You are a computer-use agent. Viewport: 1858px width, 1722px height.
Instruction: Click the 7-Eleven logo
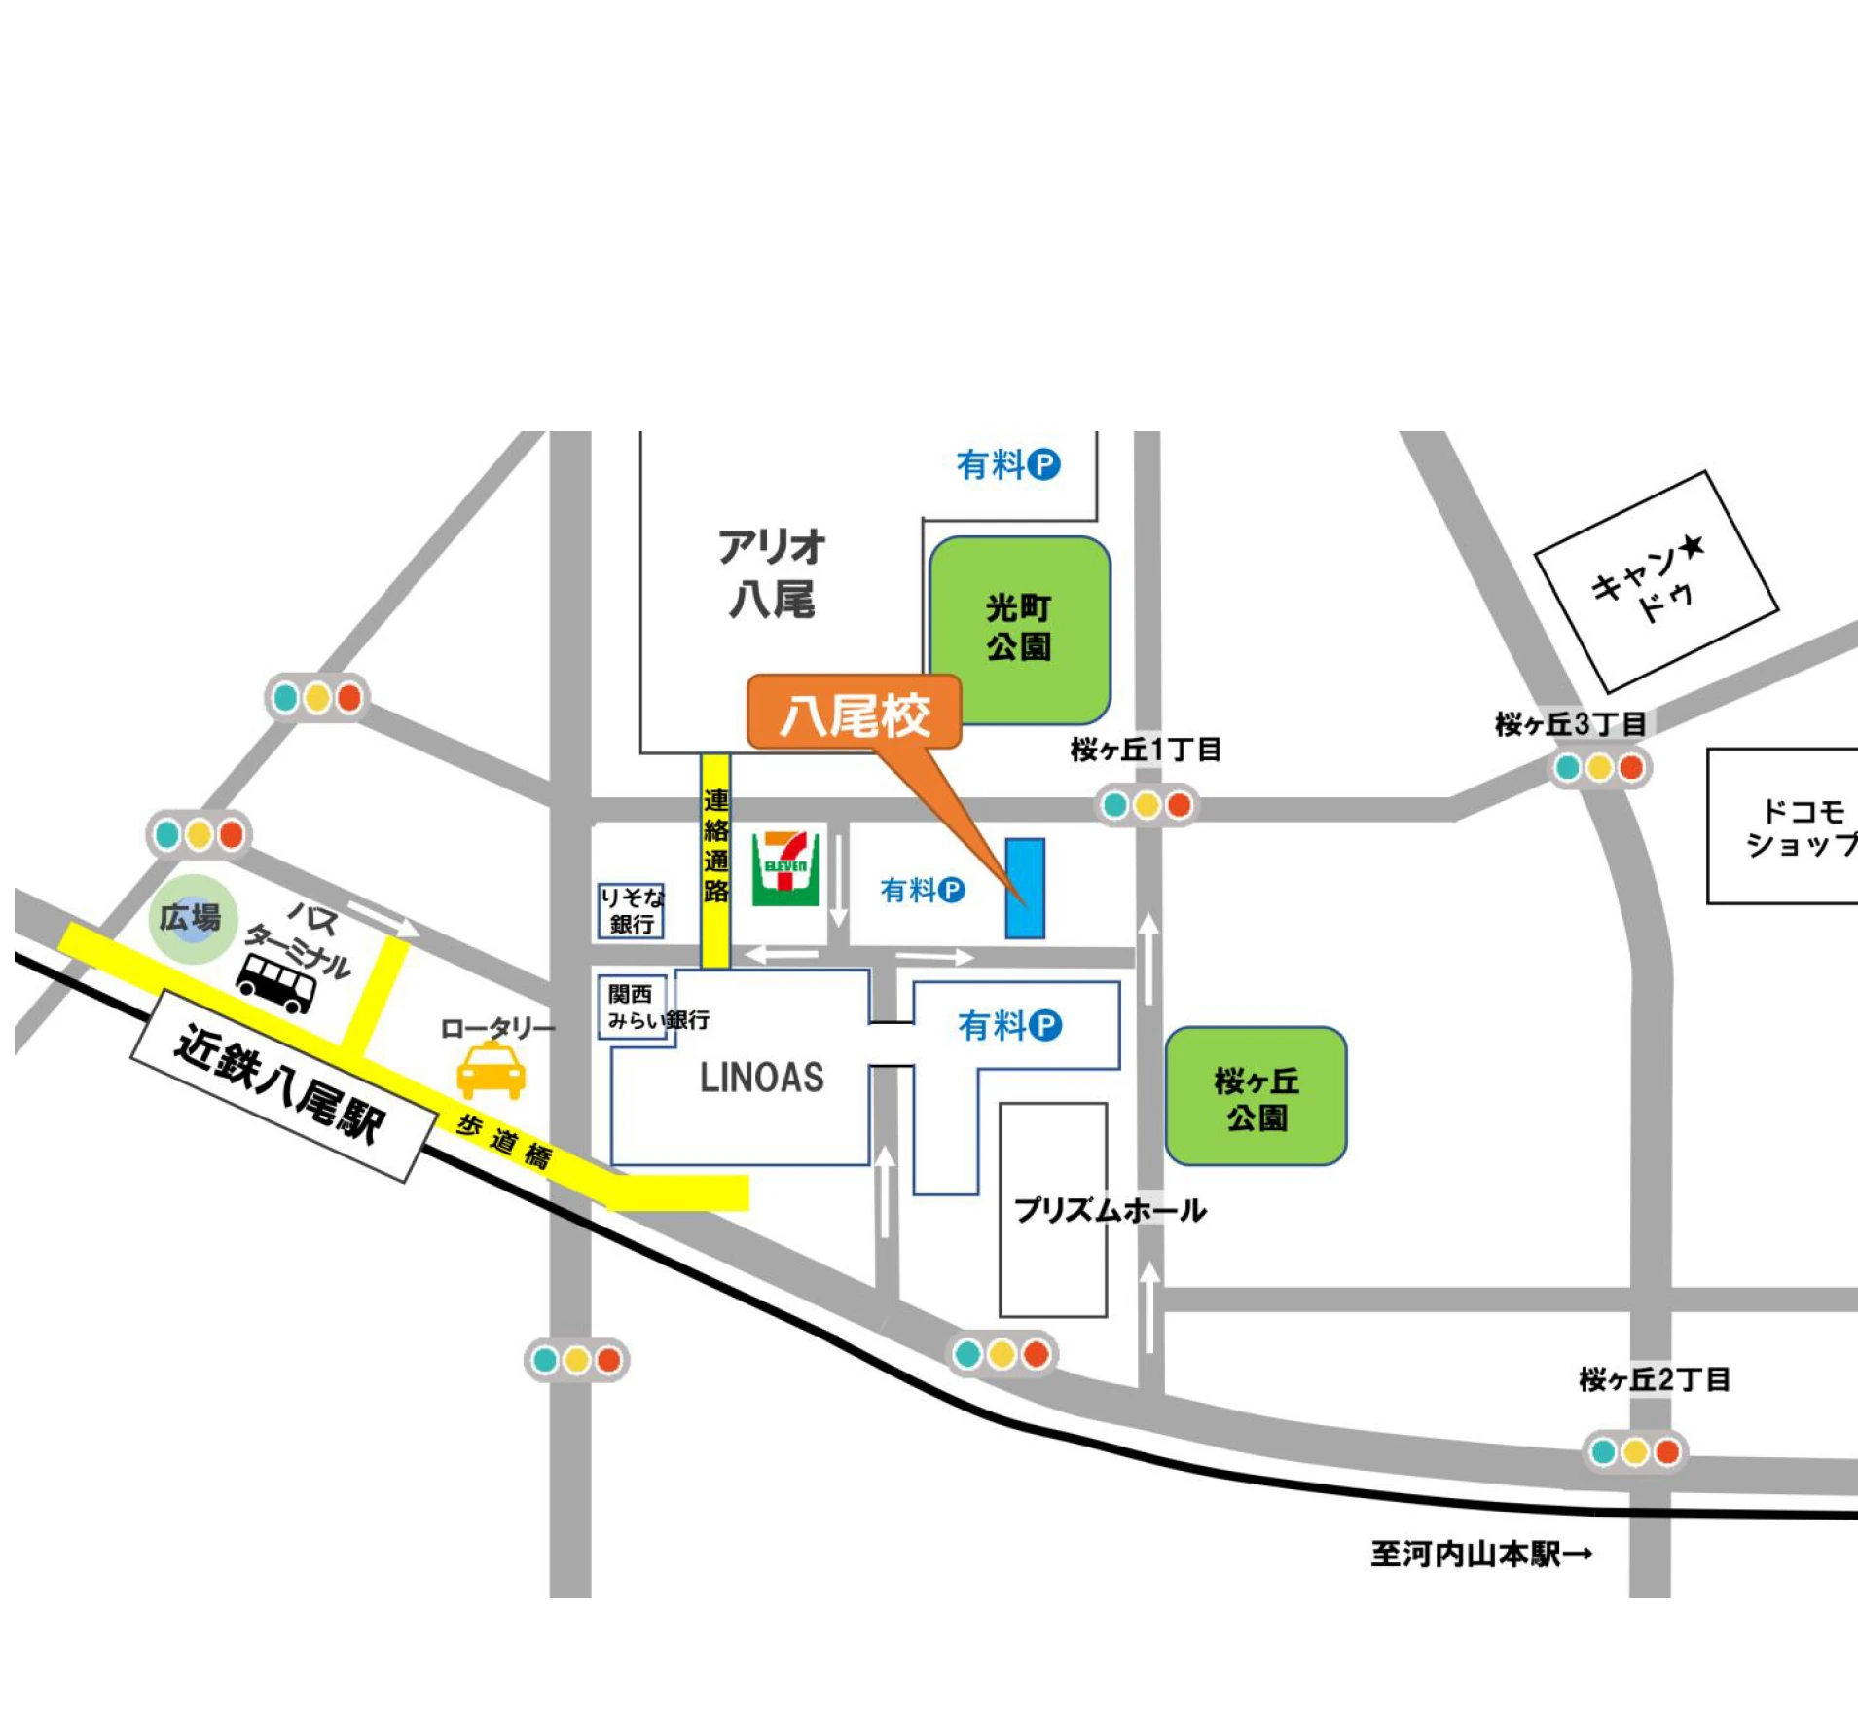point(784,868)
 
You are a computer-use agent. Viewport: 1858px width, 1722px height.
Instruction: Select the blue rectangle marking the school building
point(1024,888)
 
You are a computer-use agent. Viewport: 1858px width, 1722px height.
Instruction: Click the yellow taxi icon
point(491,1071)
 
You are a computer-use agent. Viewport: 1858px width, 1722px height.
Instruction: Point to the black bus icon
point(276,983)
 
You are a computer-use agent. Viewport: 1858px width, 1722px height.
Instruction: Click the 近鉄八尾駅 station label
point(281,1084)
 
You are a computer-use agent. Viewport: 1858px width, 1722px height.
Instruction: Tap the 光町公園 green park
point(1019,629)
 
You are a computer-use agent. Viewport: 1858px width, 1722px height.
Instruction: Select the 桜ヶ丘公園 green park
point(1256,1096)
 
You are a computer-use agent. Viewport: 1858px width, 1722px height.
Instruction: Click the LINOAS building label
point(761,1078)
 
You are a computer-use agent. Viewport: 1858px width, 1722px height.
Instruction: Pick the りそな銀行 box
point(631,911)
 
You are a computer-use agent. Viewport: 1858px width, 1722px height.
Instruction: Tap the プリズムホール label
point(1110,1210)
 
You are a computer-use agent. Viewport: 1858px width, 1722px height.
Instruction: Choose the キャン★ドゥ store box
point(1656,581)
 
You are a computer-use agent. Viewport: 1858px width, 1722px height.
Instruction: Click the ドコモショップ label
point(1799,827)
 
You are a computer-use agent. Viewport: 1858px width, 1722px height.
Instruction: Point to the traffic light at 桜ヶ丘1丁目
point(1147,805)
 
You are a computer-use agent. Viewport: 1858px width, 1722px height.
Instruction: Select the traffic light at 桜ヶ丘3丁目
point(1599,768)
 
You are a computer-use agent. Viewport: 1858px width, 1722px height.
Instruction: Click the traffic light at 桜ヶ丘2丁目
point(1634,1452)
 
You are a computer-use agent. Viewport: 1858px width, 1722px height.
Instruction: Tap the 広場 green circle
point(192,918)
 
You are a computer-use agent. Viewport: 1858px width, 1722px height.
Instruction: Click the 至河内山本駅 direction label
point(1480,1555)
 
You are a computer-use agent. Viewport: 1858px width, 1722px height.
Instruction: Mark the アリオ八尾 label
point(772,573)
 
